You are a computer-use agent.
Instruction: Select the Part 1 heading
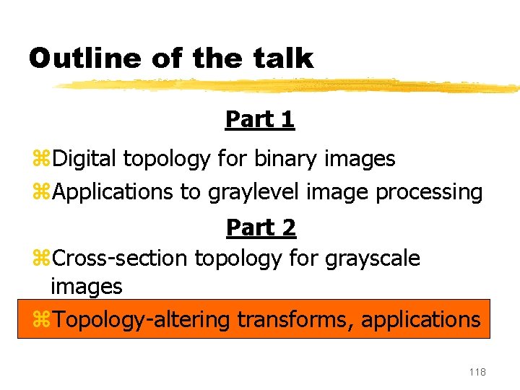point(260,119)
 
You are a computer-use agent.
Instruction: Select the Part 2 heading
point(261,227)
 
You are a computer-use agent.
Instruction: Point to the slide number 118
point(477,372)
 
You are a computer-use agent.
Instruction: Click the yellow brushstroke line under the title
point(289,86)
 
